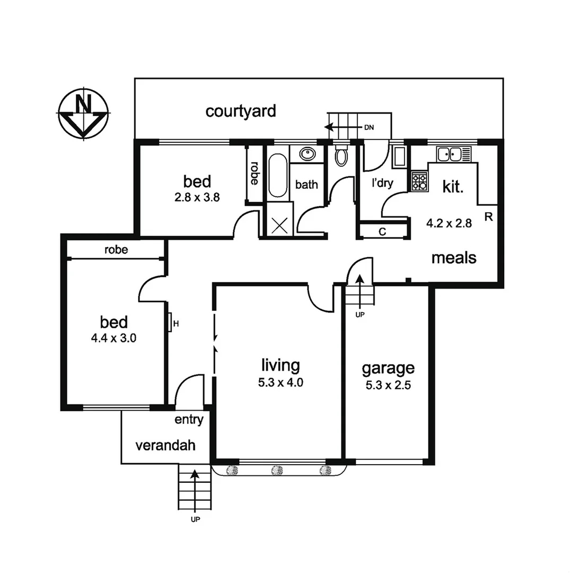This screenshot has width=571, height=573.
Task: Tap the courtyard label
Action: (241, 111)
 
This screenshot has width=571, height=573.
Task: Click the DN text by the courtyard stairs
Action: (369, 127)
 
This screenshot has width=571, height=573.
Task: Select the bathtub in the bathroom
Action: (277, 175)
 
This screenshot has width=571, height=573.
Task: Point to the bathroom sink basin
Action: (307, 154)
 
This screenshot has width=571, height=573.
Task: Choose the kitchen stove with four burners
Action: (419, 181)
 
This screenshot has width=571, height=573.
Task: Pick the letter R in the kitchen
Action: (488, 216)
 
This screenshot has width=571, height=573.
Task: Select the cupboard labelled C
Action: (382, 231)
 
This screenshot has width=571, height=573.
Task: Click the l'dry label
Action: (382, 184)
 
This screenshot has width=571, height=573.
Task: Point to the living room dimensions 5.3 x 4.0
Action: (280, 383)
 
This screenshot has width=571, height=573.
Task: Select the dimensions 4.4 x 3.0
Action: (114, 338)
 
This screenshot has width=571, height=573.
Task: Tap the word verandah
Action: (165, 445)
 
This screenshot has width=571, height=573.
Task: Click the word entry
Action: (189, 420)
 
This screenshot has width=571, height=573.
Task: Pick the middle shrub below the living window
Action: (277, 470)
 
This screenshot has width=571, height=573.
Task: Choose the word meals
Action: (453, 258)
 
